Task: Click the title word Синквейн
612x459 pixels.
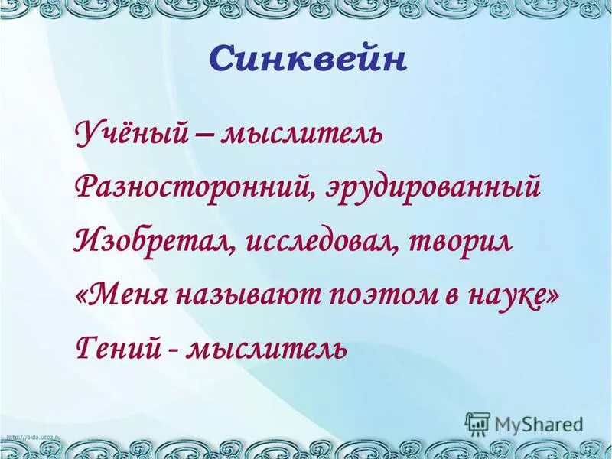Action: click(307, 60)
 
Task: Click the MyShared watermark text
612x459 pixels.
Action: click(539, 423)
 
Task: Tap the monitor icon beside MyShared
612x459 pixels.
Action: click(477, 423)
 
